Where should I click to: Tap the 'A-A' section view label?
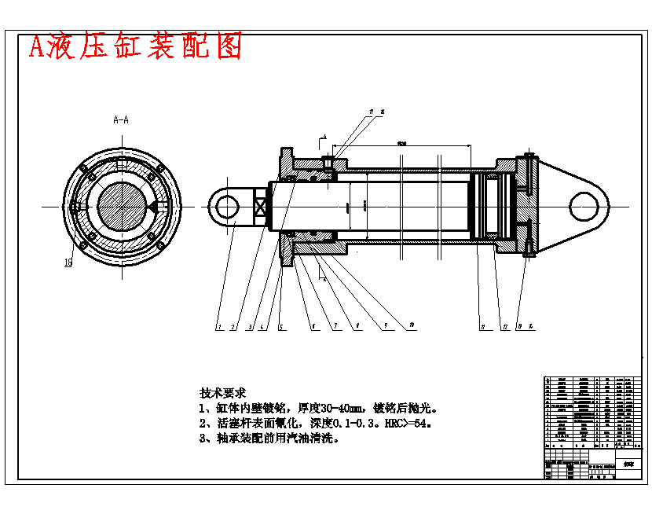(122, 120)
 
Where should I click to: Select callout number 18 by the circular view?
(68, 263)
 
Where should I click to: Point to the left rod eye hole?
(227, 207)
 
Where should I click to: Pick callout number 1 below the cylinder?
(220, 326)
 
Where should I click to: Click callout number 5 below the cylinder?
(280, 326)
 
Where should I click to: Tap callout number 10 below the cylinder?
(411, 325)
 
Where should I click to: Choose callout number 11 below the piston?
(482, 325)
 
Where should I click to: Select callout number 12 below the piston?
(505, 325)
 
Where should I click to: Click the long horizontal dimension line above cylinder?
(401, 145)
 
